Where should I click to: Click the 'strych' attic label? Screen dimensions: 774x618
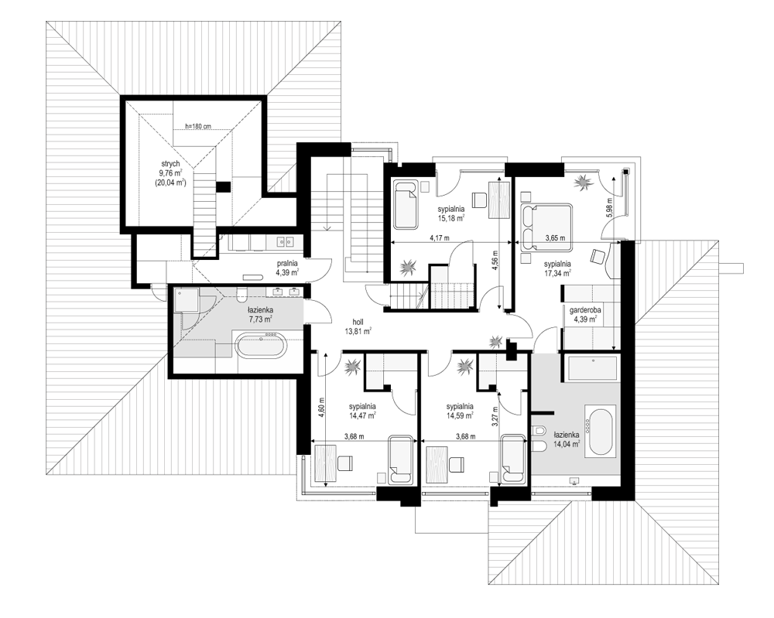170,164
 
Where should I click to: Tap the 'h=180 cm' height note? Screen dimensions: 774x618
198,126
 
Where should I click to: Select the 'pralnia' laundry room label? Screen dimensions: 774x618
287,264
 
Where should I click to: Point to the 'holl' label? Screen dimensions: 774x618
358,322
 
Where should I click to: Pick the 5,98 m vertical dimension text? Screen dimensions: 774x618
609,208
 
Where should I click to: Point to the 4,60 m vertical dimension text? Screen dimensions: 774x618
321,408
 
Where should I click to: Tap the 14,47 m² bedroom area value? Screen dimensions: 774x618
362,415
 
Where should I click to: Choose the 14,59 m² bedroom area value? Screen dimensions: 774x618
460,415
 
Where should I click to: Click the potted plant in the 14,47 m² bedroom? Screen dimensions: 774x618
352,367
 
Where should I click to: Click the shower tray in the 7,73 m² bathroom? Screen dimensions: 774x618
187,300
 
